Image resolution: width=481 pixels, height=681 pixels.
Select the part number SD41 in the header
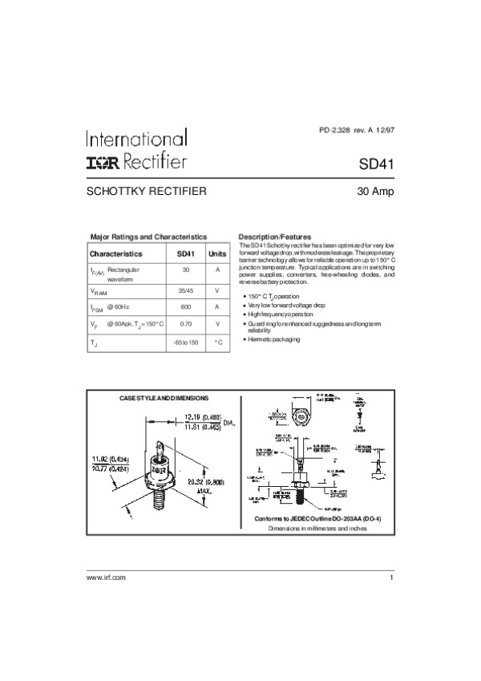[375, 163]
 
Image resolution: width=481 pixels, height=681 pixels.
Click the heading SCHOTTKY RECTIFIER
[147, 193]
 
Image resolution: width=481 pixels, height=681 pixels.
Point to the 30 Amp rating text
[375, 193]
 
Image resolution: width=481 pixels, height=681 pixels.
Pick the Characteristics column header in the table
[116, 253]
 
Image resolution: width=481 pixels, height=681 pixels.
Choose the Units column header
[217, 253]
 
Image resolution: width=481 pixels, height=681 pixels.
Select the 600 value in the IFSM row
[186, 306]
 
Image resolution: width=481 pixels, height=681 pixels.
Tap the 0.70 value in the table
[186, 323]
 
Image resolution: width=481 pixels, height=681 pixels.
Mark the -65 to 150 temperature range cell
[186, 343]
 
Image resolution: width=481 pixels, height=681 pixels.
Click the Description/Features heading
[275, 237]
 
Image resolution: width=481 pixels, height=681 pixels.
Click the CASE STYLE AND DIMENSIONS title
[164, 399]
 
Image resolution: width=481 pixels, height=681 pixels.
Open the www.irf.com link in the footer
[107, 578]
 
